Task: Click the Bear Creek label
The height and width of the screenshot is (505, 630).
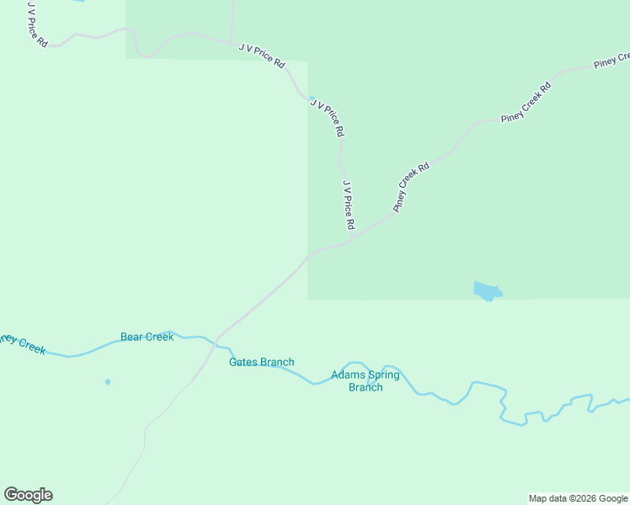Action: click(147, 337)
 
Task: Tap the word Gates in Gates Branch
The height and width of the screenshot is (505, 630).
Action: click(243, 363)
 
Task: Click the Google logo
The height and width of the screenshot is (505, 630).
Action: click(28, 495)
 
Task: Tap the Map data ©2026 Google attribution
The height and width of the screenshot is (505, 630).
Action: click(578, 499)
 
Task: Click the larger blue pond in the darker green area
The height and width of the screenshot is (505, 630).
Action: click(487, 291)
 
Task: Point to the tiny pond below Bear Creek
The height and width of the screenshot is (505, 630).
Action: click(108, 382)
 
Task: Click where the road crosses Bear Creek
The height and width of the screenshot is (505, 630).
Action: click(216, 340)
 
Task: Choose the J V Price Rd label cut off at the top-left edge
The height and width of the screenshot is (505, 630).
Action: click(36, 24)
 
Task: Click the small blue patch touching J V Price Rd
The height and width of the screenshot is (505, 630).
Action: click(312, 98)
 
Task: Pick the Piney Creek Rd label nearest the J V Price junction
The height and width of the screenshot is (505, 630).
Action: click(411, 187)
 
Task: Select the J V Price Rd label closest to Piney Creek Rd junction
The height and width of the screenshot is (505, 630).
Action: click(349, 205)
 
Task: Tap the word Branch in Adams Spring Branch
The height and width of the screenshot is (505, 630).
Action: click(366, 387)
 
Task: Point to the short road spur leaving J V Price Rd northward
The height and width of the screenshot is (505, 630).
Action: click(231, 20)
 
